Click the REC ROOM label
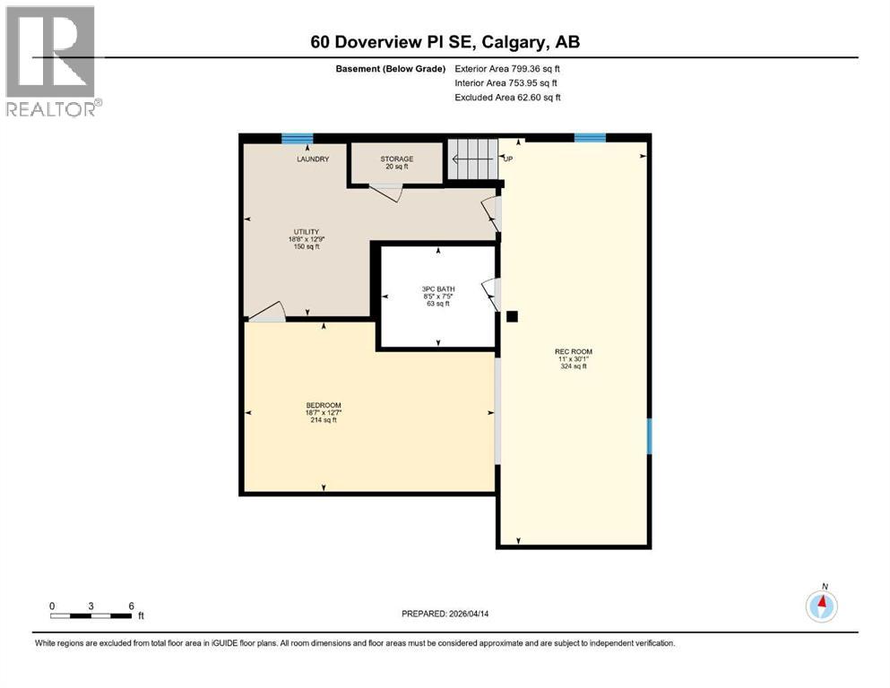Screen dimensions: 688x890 click(574, 351)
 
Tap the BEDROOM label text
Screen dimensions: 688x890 click(323, 405)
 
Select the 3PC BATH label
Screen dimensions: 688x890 click(438, 288)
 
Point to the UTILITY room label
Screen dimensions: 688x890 click(303, 231)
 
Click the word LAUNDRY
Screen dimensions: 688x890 click(313, 159)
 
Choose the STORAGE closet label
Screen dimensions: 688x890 click(396, 159)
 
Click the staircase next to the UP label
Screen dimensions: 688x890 click(472, 159)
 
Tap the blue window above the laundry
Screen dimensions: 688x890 click(297, 138)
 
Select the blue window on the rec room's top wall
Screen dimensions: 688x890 click(589, 137)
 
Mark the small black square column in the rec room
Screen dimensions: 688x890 click(512, 316)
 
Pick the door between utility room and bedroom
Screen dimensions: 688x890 click(267, 311)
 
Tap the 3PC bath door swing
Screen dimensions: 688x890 click(490, 294)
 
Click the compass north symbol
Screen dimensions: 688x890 click(821, 606)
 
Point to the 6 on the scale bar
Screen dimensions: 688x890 click(131, 606)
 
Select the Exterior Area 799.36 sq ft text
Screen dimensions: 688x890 click(507, 69)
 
